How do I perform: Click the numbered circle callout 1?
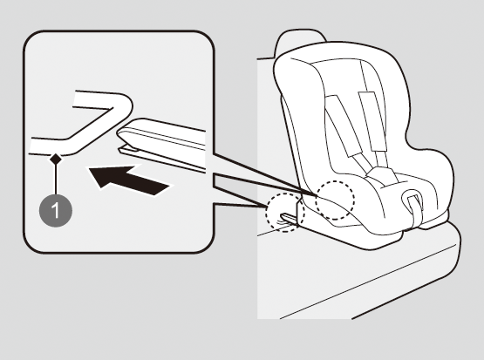pyautogui.click(x=56, y=211)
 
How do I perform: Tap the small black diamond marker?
pyautogui.click(x=56, y=160)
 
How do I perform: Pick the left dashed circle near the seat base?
pyautogui.click(x=285, y=212)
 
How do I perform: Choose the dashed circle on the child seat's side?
pyautogui.click(x=335, y=200)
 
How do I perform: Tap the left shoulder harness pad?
pyautogui.click(x=343, y=125)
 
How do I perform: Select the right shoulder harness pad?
pyautogui.click(x=372, y=121)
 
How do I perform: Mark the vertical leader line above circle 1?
pyautogui.click(x=56, y=180)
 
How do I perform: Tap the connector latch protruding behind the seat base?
pyautogui.click(x=289, y=219)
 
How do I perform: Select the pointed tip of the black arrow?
pyautogui.click(x=90, y=169)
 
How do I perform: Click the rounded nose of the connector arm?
pyautogui.click(x=122, y=132)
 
